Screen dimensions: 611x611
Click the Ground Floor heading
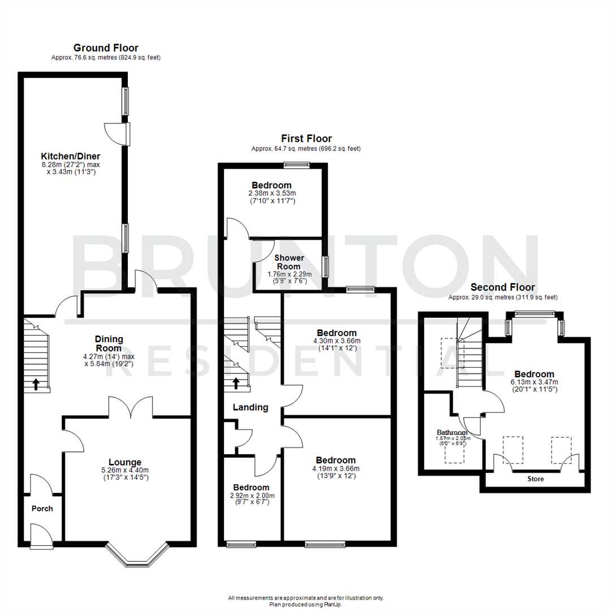106,48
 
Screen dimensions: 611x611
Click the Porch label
42,509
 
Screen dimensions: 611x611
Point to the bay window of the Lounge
137,557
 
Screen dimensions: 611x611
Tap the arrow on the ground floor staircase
36,384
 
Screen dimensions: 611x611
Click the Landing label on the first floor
250,407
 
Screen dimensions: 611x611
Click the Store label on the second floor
535,479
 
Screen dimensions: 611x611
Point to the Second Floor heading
502,287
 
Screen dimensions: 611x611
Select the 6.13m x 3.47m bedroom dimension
533,382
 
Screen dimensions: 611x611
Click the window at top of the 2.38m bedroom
296,165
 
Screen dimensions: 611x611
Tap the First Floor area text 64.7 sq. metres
305,149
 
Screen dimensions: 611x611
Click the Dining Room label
109,343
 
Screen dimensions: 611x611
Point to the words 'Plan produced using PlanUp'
305,604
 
